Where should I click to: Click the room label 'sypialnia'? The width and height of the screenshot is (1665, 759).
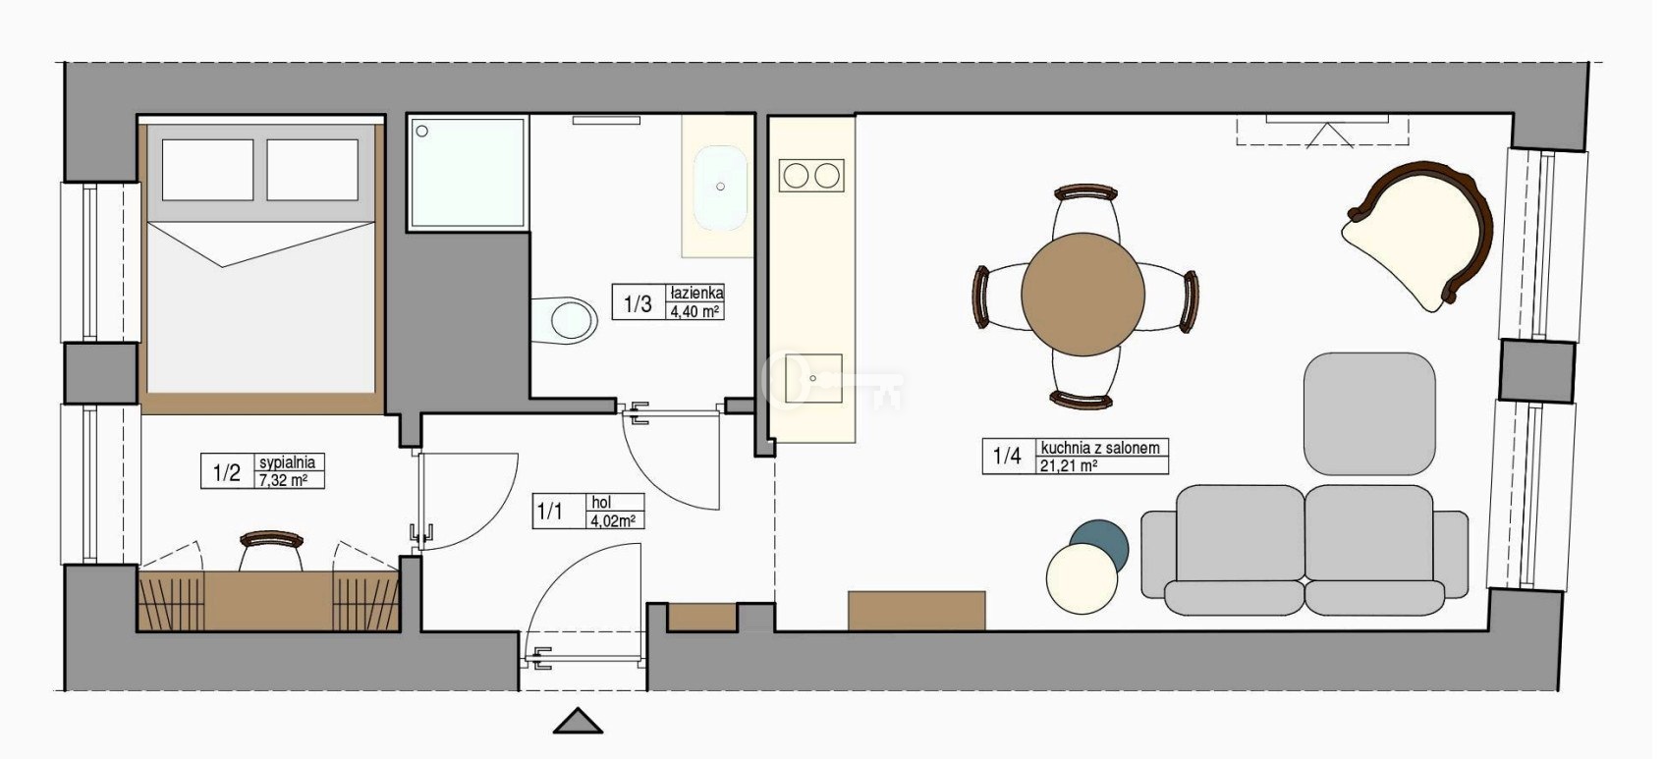[287, 461]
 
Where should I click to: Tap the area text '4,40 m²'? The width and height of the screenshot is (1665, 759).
[694, 311]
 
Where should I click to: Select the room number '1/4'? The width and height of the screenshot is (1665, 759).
[1007, 456]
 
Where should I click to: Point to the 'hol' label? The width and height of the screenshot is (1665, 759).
[601, 503]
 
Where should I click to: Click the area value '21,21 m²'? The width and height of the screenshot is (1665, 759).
[1069, 465]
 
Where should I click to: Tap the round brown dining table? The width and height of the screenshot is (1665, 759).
[1083, 295]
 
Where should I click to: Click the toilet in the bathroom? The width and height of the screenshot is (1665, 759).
[565, 321]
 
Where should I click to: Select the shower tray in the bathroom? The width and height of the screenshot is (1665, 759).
[468, 172]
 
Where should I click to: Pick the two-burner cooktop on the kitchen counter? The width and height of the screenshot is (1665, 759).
[811, 176]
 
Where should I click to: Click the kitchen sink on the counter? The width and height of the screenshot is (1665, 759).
[813, 379]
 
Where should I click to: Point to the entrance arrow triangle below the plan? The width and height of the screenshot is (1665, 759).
[578, 722]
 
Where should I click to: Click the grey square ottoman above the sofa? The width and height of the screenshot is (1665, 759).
[1369, 413]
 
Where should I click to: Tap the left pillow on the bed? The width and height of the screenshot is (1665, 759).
[208, 170]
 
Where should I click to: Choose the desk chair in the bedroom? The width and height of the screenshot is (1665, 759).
[271, 550]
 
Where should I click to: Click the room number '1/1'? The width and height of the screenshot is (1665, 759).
[550, 512]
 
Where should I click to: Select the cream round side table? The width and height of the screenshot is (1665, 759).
[1082, 579]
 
